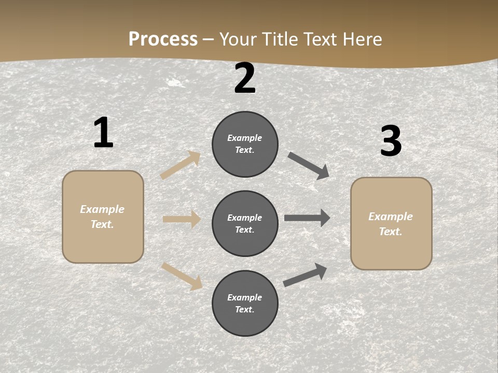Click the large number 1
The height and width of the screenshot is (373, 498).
coord(103,133)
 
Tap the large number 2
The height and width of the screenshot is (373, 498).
coord(245,79)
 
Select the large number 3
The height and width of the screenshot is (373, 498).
coord(391,141)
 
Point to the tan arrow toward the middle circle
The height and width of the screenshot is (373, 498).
coord(182,220)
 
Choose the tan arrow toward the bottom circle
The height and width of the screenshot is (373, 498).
coord(182,276)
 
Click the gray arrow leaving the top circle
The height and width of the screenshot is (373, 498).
coord(309,166)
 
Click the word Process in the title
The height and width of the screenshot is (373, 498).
coord(163,39)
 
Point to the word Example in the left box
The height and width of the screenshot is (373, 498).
coord(102,209)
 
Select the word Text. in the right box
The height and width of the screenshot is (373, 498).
coord(391,232)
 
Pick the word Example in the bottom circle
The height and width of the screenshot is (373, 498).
coord(245,297)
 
